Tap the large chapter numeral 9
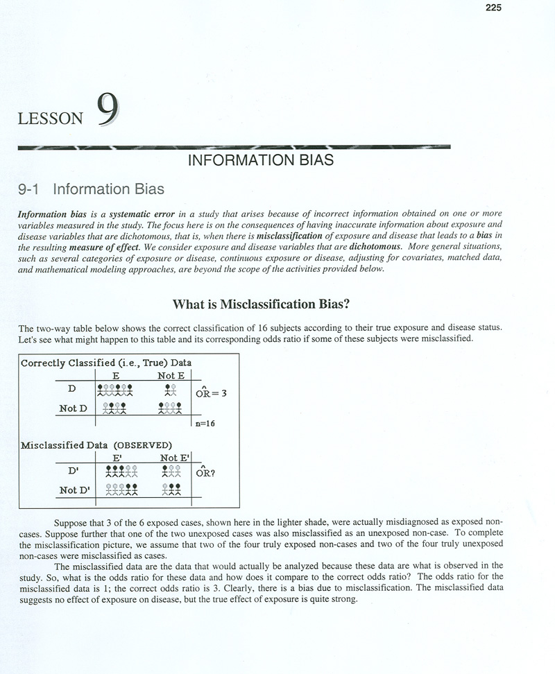108,110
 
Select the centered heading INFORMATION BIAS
261,161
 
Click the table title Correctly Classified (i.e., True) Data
106,362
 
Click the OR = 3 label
207,393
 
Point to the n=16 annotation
205,424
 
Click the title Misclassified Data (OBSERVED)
96,444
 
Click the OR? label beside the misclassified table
207,476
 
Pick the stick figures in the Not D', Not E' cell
171,490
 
